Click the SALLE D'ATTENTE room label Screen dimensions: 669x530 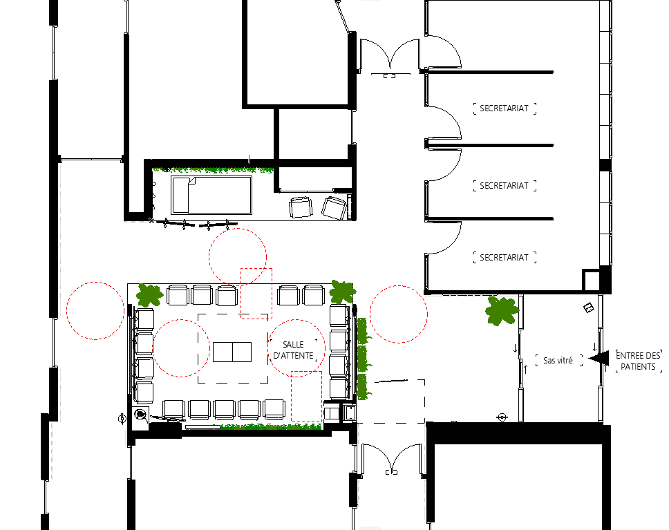coord(293,350)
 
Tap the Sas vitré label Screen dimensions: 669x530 coord(558,361)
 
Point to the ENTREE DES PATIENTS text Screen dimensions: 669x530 coord(639,361)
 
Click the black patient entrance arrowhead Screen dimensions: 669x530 coord(599,358)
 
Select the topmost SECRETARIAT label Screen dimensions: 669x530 coord(504,108)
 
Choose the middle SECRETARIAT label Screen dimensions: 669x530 coord(504,186)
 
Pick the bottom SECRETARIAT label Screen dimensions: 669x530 coord(504,257)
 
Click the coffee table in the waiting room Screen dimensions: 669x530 coord(232,352)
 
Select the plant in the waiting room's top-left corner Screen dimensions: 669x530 coord(149,295)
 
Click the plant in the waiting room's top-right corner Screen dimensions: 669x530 coord(343,292)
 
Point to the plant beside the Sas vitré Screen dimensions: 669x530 coord(502,311)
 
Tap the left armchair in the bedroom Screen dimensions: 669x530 coord(301,207)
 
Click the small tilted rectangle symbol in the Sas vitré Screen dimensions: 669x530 coord(589,307)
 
